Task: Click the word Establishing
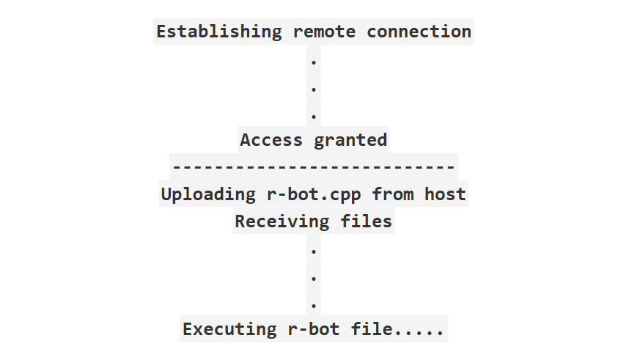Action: click(x=219, y=32)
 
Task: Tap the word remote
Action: click(x=324, y=32)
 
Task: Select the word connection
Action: click(x=419, y=32)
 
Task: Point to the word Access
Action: click(x=271, y=140)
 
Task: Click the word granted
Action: click(x=350, y=141)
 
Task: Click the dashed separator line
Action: click(x=314, y=166)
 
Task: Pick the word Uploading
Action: click(x=209, y=195)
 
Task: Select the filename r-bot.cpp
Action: click(x=314, y=195)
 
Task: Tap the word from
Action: click(x=393, y=194)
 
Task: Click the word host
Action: click(x=445, y=194)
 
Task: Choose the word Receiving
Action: click(x=282, y=221)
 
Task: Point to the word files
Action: click(x=366, y=221)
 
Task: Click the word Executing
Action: click(x=229, y=330)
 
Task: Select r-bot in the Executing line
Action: click(x=314, y=330)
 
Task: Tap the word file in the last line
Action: click(x=372, y=329)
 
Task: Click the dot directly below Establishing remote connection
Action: click(x=314, y=62)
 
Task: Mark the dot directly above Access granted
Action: click(x=314, y=117)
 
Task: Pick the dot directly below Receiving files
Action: click(x=314, y=251)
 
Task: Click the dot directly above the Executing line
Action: click(x=314, y=306)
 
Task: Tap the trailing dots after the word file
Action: click(x=419, y=334)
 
